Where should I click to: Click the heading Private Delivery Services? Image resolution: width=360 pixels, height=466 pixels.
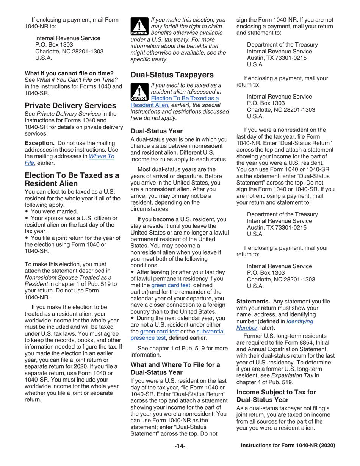pos(70,105)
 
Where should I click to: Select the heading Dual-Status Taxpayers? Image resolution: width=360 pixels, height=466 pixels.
pos(171,75)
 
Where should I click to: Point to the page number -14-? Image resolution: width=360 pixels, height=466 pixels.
pos(180,446)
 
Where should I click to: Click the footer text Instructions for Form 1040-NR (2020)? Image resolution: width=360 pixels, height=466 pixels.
pos(288,446)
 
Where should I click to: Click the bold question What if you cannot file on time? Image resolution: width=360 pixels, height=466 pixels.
pos(69,73)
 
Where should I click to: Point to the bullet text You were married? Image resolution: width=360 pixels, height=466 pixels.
pos(54,211)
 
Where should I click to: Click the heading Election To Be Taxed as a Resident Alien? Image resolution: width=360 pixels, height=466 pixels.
pos(72,179)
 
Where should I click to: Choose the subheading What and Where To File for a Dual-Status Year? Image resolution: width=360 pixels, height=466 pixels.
pos(175,368)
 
